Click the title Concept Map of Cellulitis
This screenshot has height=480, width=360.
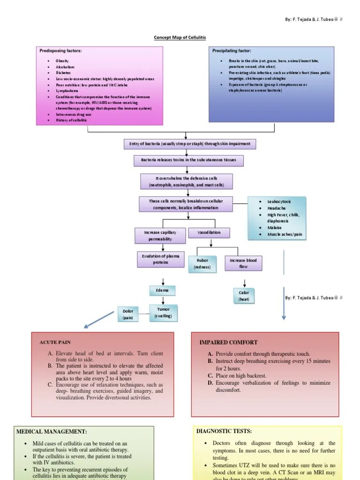180,37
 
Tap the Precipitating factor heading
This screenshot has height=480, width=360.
232,51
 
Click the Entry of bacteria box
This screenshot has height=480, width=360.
189,144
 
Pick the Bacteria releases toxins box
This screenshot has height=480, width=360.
186,160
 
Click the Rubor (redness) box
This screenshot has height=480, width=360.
202,263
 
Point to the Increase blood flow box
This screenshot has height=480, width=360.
243,263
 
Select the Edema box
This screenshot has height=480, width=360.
162,291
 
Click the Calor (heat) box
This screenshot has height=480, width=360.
244,296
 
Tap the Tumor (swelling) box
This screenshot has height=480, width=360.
164,313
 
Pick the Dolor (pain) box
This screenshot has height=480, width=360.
128,314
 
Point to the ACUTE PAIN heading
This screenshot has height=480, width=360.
55,343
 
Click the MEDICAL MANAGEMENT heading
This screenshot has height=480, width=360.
52,431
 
